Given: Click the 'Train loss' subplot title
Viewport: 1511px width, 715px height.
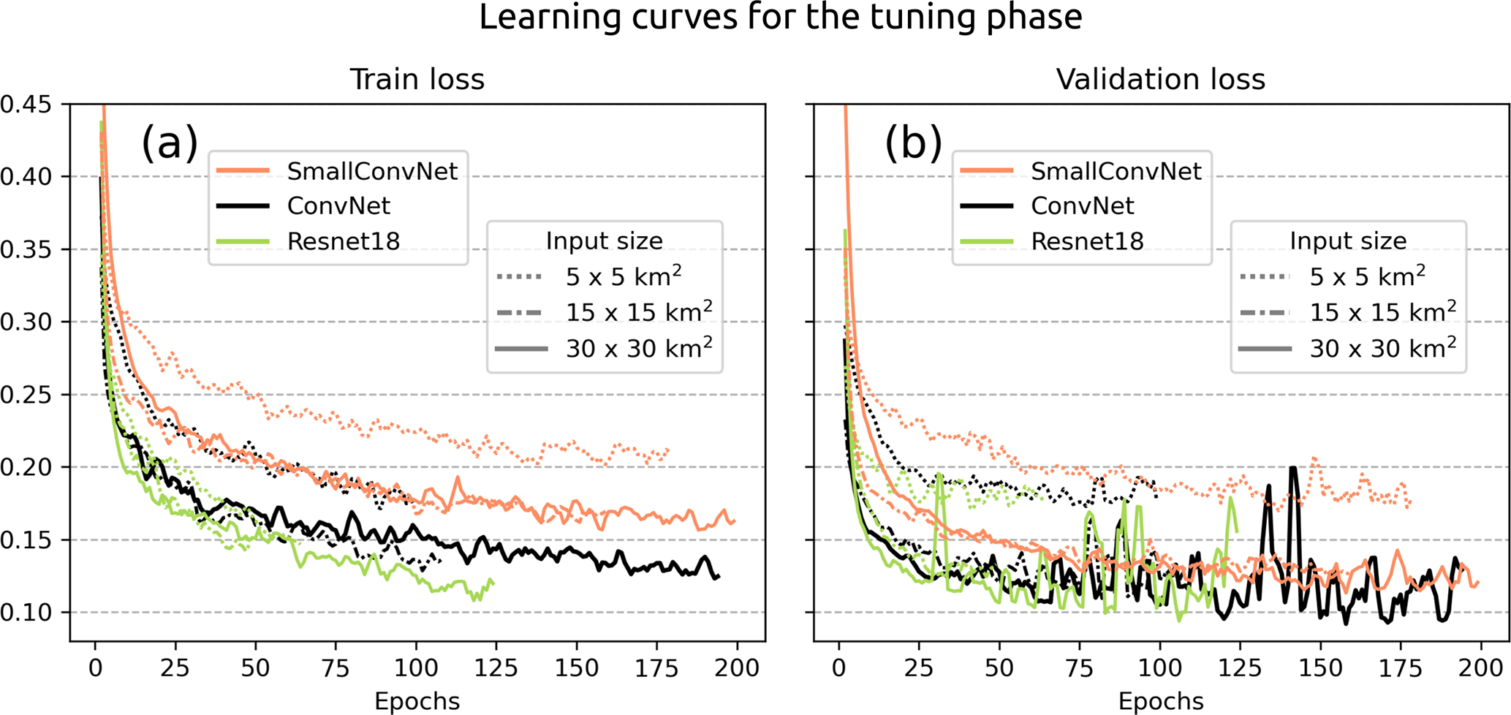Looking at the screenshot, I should coord(417,80).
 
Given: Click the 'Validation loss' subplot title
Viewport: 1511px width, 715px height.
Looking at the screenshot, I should coord(1160,80).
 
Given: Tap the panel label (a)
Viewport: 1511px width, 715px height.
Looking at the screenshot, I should coord(170,142).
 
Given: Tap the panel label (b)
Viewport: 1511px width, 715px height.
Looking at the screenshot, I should coord(913,142).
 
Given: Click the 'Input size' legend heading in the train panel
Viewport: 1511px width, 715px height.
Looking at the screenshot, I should coord(604,241).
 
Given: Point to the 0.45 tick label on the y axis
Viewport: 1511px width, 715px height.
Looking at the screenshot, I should coord(26,105).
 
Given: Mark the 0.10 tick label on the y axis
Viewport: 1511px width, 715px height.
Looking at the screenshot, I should coord(26,613).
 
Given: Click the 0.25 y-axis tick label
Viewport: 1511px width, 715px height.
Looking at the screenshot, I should coord(26,395).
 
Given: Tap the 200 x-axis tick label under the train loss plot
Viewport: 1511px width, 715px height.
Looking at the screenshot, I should coord(736,667).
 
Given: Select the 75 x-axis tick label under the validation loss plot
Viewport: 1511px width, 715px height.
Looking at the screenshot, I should coord(1079,667).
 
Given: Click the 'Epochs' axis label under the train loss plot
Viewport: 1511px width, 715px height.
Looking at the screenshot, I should coord(417,701).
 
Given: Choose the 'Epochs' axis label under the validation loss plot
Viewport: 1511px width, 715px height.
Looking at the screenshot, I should coord(1160,701).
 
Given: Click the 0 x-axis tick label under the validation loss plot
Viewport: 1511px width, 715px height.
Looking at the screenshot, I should coord(838,667).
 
